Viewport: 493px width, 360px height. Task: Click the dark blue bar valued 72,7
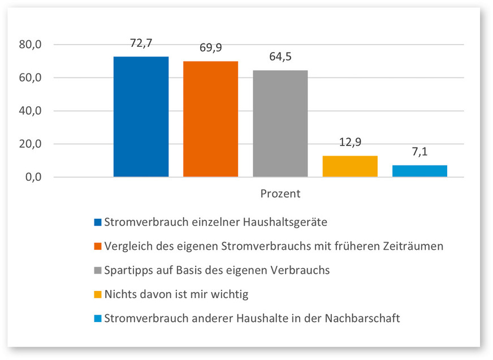[x=141, y=117]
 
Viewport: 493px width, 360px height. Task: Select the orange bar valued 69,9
[x=210, y=119]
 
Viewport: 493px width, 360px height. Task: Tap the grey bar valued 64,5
[x=280, y=124]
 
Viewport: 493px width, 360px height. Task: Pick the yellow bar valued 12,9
[x=350, y=166]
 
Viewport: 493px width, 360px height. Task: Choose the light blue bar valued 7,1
[x=420, y=171]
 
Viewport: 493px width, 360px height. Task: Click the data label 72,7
[x=141, y=42]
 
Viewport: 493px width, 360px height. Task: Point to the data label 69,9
[x=210, y=47]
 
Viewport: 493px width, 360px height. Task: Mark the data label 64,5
[x=280, y=57]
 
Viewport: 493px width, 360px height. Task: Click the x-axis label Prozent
[x=280, y=193]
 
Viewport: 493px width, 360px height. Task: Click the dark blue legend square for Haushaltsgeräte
[x=97, y=223]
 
